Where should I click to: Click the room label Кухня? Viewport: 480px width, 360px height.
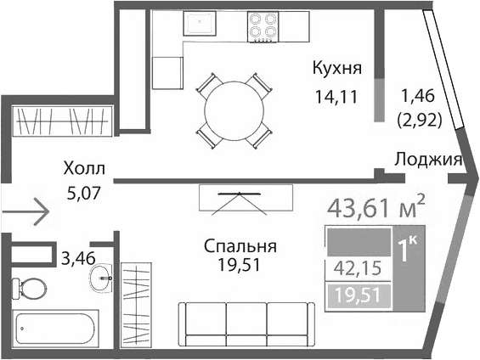337,68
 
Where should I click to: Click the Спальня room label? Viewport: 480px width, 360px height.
240,247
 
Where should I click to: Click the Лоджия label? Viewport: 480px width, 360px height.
427,159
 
